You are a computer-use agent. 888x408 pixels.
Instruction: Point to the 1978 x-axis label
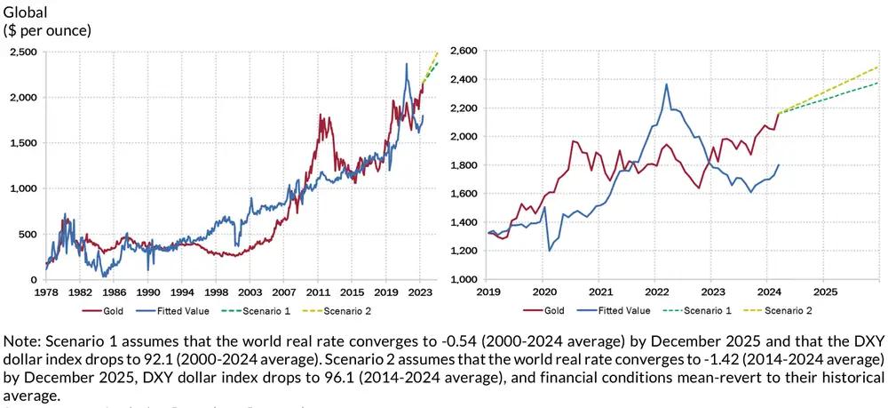[x=46, y=291]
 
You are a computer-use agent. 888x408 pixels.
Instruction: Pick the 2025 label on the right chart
[x=824, y=291]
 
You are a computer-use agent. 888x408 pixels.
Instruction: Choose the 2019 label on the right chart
[x=488, y=291]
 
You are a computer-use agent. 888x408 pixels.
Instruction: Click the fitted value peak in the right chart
[x=666, y=84]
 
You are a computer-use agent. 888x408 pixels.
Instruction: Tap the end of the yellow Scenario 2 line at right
[x=878, y=67]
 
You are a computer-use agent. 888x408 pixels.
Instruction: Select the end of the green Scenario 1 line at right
[x=878, y=83]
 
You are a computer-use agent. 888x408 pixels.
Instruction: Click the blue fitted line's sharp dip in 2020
[x=549, y=250]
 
